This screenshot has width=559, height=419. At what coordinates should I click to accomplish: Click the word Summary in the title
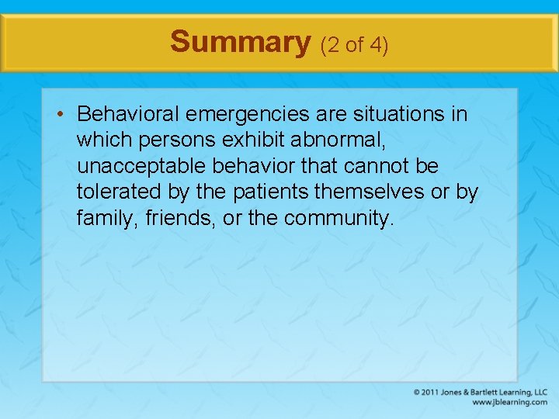[240, 42]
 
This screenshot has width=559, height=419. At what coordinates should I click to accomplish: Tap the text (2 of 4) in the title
[354, 45]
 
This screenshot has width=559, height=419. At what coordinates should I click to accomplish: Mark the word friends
[178, 219]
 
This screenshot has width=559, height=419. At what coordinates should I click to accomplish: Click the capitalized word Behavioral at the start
[129, 115]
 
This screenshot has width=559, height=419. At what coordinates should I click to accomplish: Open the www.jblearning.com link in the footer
[509, 402]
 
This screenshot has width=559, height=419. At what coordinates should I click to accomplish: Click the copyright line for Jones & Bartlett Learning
[480, 392]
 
